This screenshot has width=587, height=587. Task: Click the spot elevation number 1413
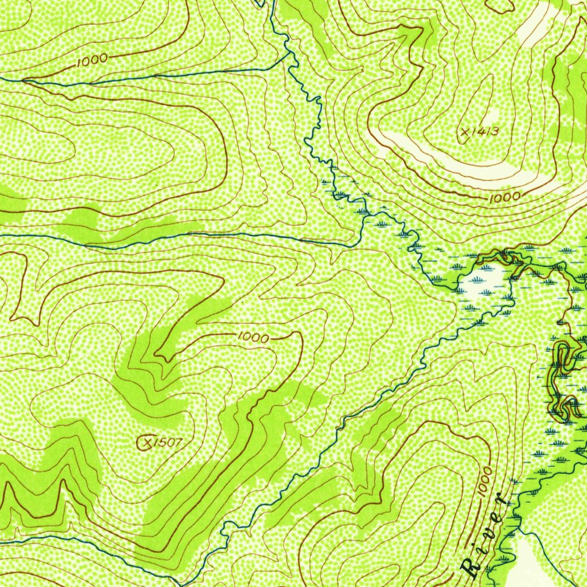coord(486,132)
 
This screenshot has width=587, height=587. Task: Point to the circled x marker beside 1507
coord(147,442)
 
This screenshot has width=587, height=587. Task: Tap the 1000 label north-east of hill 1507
coord(252,338)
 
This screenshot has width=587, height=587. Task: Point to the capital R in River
coord(471,568)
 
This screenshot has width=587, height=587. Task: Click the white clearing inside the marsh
coord(484,281)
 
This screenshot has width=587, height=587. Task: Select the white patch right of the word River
coord(530,559)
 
